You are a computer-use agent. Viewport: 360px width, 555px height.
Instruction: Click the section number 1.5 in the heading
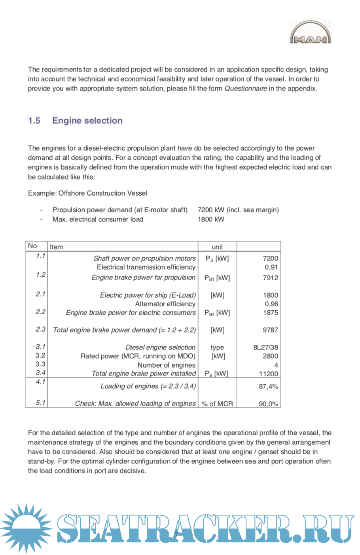34,121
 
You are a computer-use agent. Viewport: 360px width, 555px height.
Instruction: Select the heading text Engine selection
87,121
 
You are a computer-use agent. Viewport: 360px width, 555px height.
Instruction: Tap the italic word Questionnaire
245,89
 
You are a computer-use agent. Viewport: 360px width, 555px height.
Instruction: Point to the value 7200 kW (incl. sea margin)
238,210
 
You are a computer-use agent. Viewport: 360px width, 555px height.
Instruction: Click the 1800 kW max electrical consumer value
211,219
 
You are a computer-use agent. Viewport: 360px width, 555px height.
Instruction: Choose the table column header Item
56,247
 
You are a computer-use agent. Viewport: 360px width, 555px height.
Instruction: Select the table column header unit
217,247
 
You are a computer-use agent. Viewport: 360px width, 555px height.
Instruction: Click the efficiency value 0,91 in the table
271,267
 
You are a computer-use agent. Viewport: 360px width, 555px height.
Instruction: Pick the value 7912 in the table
271,278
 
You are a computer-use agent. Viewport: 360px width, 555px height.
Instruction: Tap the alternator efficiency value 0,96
271,304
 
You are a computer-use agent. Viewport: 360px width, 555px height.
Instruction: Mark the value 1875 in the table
271,313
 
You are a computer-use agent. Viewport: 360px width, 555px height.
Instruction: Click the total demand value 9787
271,330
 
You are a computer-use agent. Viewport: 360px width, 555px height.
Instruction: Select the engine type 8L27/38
265,347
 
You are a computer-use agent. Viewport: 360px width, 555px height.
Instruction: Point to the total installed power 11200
269,374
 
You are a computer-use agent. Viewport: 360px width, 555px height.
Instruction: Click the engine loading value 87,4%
268,387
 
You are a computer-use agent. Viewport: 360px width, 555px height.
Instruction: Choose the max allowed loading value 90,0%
268,404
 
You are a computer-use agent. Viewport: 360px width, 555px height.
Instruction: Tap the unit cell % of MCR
217,404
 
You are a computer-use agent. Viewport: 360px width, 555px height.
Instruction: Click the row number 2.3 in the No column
40,329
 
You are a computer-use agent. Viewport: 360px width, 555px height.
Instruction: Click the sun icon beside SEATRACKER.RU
26,528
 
